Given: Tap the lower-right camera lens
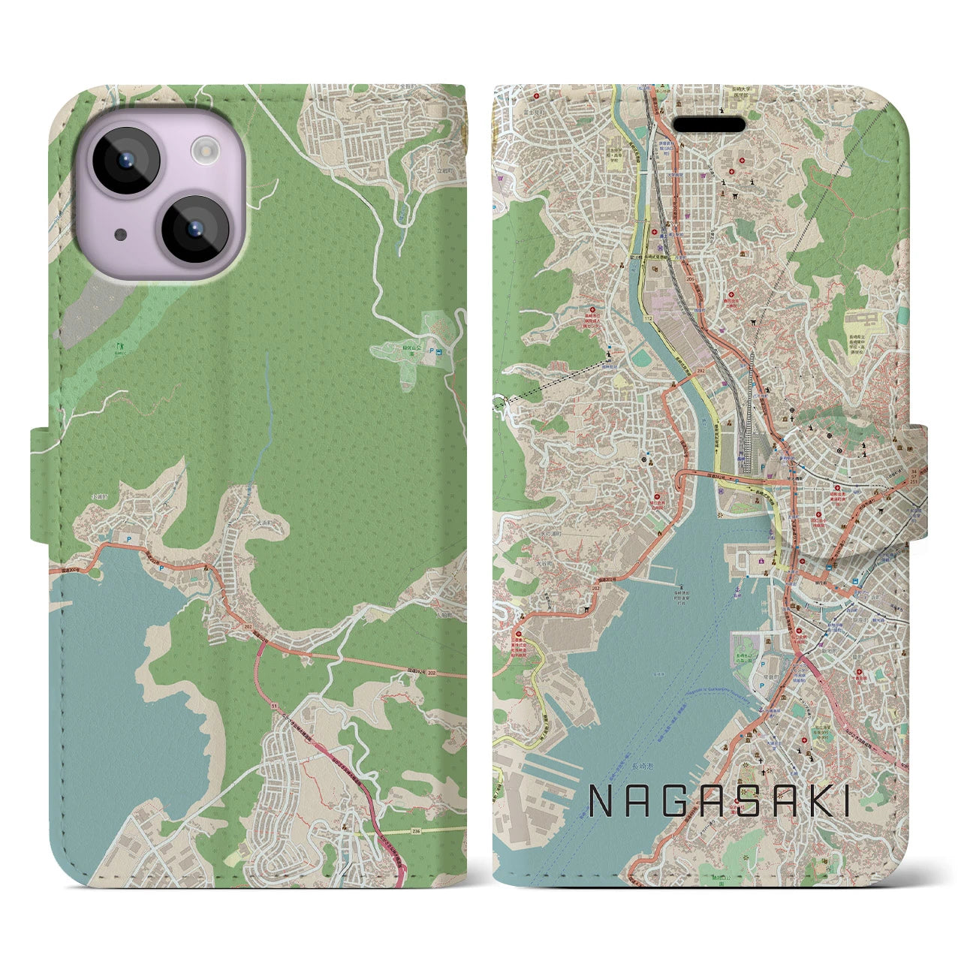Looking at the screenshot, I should tap(194, 229).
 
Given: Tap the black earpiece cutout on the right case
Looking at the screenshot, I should tap(708, 124).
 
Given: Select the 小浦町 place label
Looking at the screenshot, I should tap(100, 497).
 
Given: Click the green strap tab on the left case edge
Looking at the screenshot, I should tap(41, 484).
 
